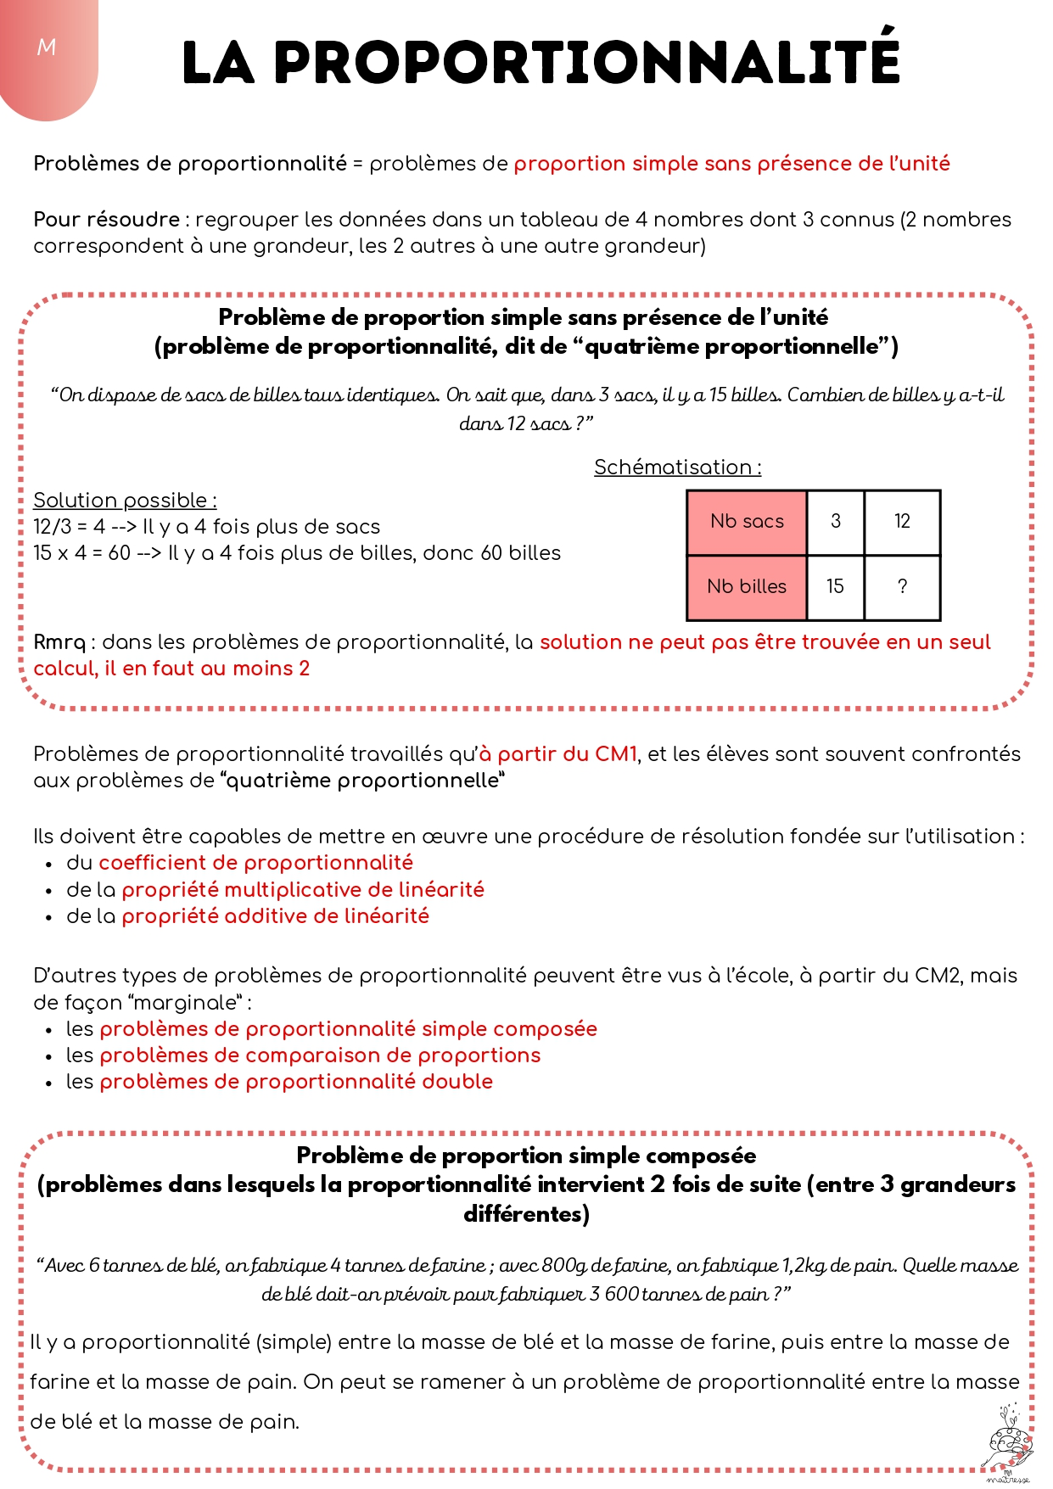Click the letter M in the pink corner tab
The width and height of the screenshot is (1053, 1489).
pos(47,48)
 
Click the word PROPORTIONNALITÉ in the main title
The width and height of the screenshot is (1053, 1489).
pos(586,61)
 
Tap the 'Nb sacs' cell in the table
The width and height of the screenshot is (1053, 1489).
pos(747,522)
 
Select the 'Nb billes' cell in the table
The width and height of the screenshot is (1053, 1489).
pos(747,586)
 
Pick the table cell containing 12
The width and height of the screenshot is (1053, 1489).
pos(902,522)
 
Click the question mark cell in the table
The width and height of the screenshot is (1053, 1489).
pos(902,586)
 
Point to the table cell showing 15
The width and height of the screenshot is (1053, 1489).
pos(835,586)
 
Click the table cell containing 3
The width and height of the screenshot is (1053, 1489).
pos(835,522)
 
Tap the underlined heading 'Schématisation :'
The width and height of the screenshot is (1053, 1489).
pos(677,467)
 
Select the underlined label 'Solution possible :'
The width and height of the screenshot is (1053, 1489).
pos(125,501)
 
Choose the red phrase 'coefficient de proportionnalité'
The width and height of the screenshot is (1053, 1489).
pos(255,863)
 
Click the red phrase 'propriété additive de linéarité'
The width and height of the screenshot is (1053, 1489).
pos(275,916)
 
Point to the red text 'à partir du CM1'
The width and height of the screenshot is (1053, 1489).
pos(557,754)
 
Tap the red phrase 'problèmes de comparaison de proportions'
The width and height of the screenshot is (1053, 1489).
pos(320,1055)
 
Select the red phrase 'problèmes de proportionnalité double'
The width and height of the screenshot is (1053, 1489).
pos(296,1082)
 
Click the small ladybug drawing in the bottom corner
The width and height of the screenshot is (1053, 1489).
pos(1008,1442)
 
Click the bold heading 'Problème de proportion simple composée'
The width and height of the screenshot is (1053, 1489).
pos(526,1156)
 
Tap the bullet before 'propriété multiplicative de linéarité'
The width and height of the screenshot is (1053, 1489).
pos(50,891)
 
